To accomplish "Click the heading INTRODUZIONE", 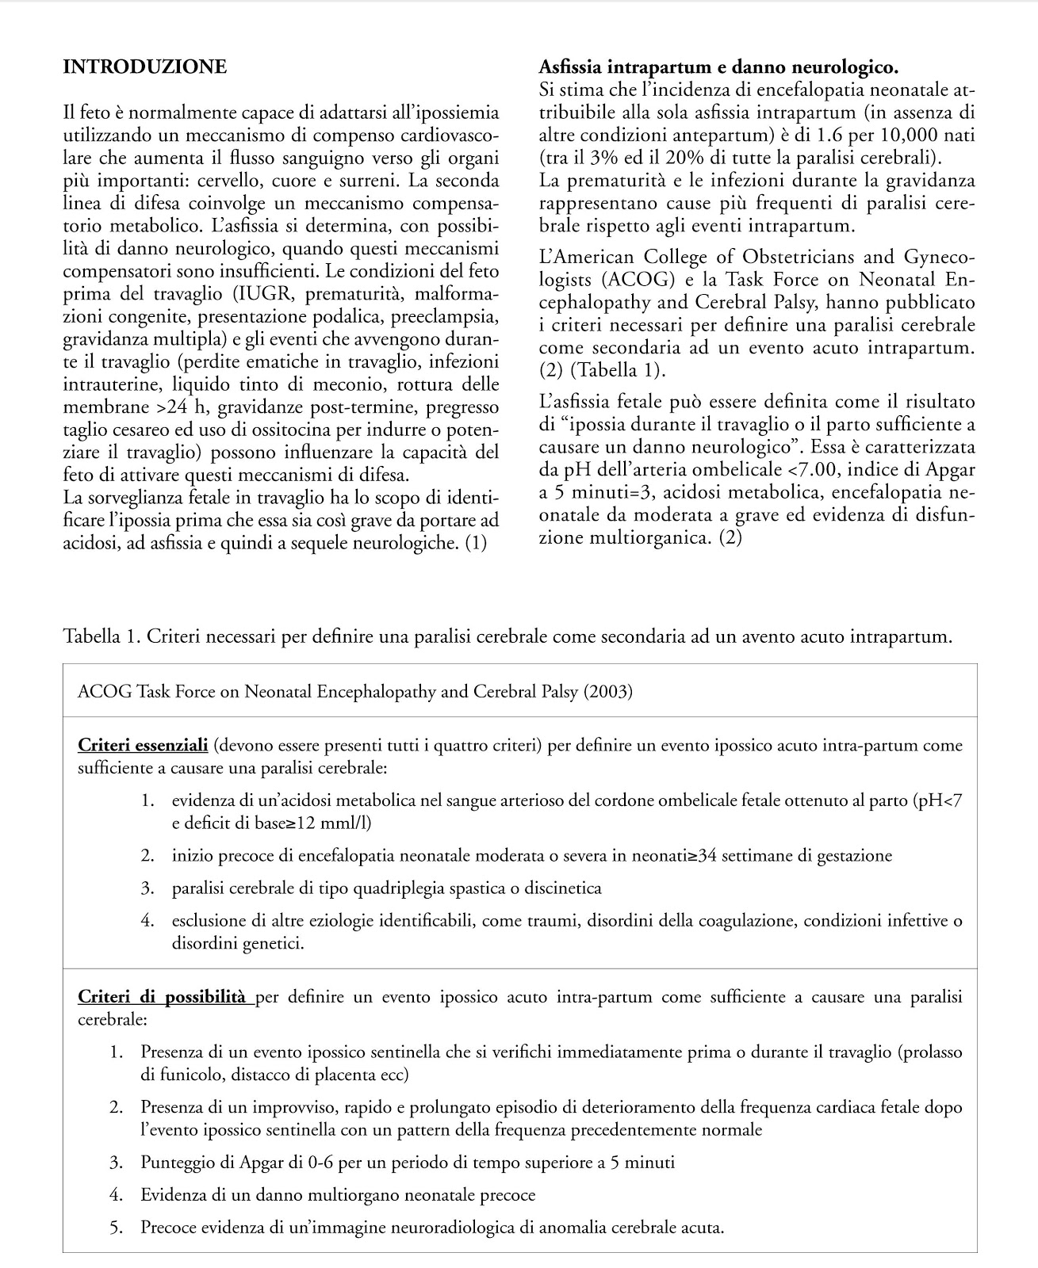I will [x=144, y=67].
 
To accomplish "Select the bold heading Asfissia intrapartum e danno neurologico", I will [x=718, y=67].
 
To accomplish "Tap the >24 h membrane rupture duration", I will [x=184, y=408].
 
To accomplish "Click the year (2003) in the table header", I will [x=608, y=691].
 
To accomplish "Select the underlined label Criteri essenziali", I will [x=143, y=745].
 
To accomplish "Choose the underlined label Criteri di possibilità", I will [x=162, y=997].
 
